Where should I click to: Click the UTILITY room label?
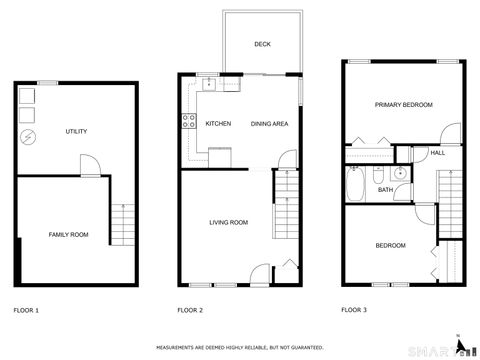[x=76, y=132]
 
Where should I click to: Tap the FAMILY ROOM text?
[x=69, y=234]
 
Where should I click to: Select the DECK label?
[x=262, y=44]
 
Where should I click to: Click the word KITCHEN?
[x=218, y=123]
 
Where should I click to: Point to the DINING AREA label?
[x=270, y=123]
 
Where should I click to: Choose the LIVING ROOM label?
[x=228, y=222]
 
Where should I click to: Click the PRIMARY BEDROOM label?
[x=404, y=105]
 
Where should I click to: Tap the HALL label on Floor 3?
[x=437, y=153]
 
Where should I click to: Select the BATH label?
[x=385, y=189]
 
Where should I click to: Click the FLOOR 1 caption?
[x=26, y=310]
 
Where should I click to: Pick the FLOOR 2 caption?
[x=190, y=310]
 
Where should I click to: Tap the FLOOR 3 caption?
[x=354, y=310]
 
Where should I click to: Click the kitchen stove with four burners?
[x=187, y=123]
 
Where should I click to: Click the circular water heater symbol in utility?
[x=28, y=134]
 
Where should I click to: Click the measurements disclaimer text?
[x=239, y=347]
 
